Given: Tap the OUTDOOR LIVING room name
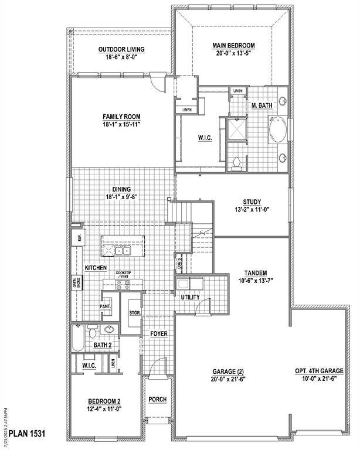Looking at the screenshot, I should [121, 49].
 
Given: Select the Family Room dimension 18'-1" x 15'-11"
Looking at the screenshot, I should [122, 124].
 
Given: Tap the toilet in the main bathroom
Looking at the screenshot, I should [236, 163].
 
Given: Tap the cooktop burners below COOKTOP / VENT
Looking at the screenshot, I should [123, 285].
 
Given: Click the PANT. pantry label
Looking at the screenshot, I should [106, 306].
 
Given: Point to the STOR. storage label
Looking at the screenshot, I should [134, 313].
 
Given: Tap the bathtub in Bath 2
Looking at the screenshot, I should [78, 339].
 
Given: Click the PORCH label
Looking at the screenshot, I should [157, 400].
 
